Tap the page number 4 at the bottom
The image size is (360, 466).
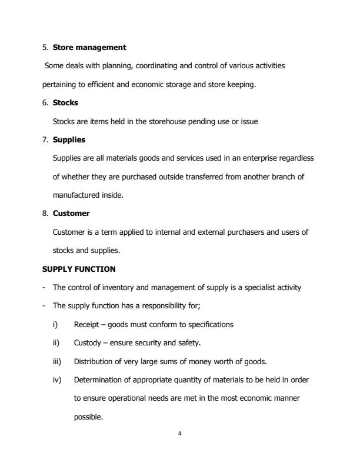(x=179, y=434)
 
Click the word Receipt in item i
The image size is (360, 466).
(x=86, y=324)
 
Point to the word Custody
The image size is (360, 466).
(x=86, y=342)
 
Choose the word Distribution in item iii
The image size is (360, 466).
(x=93, y=361)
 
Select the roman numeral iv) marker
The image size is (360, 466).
(x=56, y=380)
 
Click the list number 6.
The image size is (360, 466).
(x=45, y=102)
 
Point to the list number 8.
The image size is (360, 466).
(x=45, y=214)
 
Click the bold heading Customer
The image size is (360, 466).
(x=71, y=214)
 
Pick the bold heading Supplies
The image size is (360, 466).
(x=69, y=139)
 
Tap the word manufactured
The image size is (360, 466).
(x=76, y=195)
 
